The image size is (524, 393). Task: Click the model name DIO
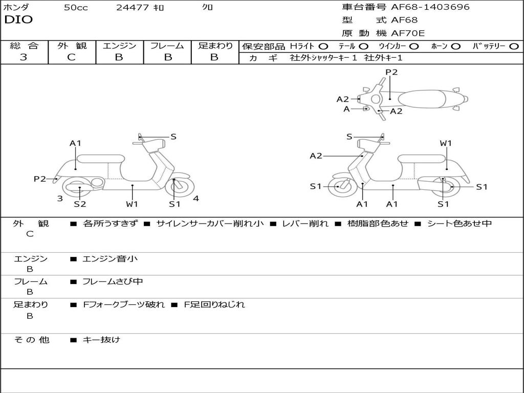click(18, 20)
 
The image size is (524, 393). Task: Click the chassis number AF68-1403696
click(430, 7)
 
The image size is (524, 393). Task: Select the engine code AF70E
click(408, 33)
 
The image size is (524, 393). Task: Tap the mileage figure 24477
click(133, 7)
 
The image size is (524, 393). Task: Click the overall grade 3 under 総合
click(23, 57)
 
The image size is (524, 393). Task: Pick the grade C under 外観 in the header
click(71, 57)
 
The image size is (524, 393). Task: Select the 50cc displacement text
click(76, 7)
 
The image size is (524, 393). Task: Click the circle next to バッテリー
click(514, 47)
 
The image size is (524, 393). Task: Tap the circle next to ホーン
click(455, 47)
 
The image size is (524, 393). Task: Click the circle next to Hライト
click(323, 47)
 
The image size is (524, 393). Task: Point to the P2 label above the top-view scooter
click(391, 72)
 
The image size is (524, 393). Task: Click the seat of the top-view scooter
click(422, 99)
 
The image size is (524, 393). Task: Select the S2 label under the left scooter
click(80, 204)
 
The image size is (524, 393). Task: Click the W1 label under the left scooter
click(132, 204)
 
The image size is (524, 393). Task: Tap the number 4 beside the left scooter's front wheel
click(196, 199)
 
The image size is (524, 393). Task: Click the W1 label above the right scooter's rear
click(446, 143)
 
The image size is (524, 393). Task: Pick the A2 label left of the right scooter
click(316, 156)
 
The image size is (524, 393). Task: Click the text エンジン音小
click(110, 258)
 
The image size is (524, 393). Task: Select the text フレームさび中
click(113, 282)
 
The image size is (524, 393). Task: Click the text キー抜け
click(101, 340)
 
